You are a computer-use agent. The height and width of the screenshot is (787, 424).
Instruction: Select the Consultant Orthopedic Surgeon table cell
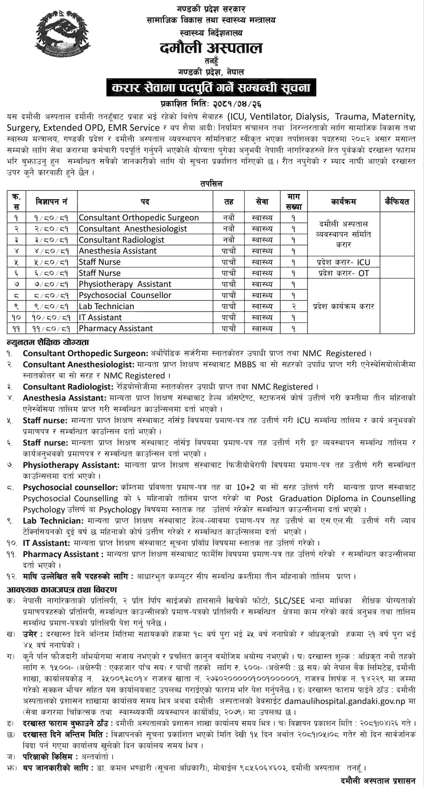click(x=139, y=218)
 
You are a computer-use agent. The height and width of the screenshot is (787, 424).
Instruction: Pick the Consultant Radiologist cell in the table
click(x=121, y=240)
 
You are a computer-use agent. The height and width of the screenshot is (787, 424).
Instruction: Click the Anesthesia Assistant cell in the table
click(x=118, y=251)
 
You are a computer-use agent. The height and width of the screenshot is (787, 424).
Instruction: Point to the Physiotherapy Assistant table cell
click(x=125, y=284)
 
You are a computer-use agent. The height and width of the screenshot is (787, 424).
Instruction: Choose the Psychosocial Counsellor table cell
click(x=125, y=295)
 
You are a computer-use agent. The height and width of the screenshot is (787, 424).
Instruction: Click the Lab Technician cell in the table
click(x=106, y=306)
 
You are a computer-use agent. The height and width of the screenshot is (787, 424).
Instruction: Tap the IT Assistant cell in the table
click(x=100, y=317)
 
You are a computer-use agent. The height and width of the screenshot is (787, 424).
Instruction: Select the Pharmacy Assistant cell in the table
click(x=116, y=329)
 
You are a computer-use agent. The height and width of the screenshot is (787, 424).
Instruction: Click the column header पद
click(x=145, y=202)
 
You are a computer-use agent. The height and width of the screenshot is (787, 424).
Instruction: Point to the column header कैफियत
click(x=397, y=202)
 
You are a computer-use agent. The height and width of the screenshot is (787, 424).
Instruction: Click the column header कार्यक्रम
click(x=344, y=202)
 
